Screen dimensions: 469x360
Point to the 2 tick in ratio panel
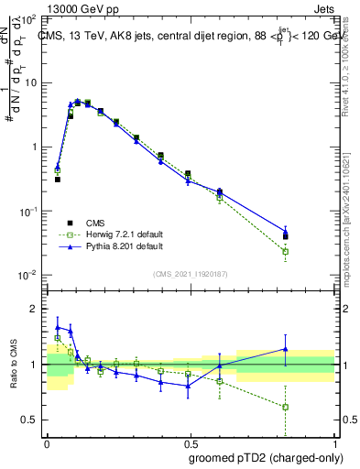[36, 309]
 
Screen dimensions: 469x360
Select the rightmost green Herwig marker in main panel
[286, 251]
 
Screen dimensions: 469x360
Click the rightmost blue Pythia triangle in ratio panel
[286, 349]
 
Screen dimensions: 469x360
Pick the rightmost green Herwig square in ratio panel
[286, 407]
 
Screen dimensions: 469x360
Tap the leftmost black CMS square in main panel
[57, 180]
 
